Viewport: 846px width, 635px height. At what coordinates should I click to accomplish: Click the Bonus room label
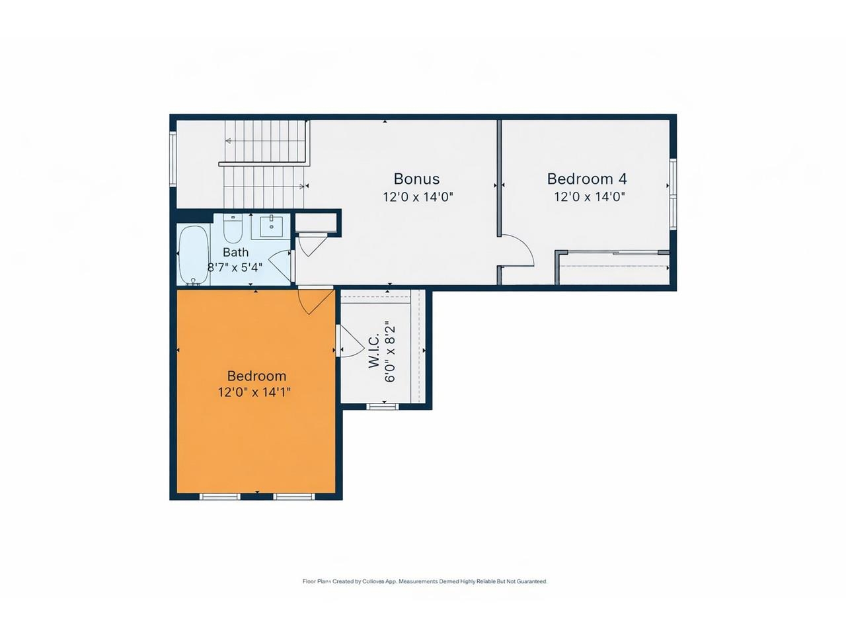pyautogui.click(x=416, y=179)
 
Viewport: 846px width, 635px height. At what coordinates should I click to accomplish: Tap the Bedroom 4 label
pyautogui.click(x=587, y=179)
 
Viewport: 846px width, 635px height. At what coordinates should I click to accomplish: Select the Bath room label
pyautogui.click(x=235, y=252)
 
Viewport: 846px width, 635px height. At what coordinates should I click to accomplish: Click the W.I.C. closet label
pyautogui.click(x=374, y=351)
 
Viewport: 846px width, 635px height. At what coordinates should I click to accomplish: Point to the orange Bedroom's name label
pyautogui.click(x=256, y=376)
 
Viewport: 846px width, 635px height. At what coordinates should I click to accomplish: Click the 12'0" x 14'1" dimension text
pyautogui.click(x=254, y=392)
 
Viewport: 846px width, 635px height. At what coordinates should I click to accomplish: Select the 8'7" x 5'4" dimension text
pyautogui.click(x=235, y=268)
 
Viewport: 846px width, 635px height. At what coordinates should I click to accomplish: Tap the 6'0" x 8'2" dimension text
pyautogui.click(x=390, y=351)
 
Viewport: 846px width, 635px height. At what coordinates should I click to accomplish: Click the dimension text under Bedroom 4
pyautogui.click(x=589, y=196)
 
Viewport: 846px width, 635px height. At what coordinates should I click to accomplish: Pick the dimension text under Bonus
pyautogui.click(x=418, y=196)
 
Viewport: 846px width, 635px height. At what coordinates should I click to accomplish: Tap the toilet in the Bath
pyautogui.click(x=233, y=228)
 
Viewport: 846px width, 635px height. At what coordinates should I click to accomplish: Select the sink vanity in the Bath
pyautogui.click(x=271, y=226)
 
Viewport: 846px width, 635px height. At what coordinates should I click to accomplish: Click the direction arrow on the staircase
pyautogui.click(x=229, y=141)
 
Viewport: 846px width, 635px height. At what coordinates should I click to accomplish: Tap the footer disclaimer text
pyautogui.click(x=424, y=581)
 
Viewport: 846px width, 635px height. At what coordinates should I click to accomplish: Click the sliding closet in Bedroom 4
pyautogui.click(x=613, y=267)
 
